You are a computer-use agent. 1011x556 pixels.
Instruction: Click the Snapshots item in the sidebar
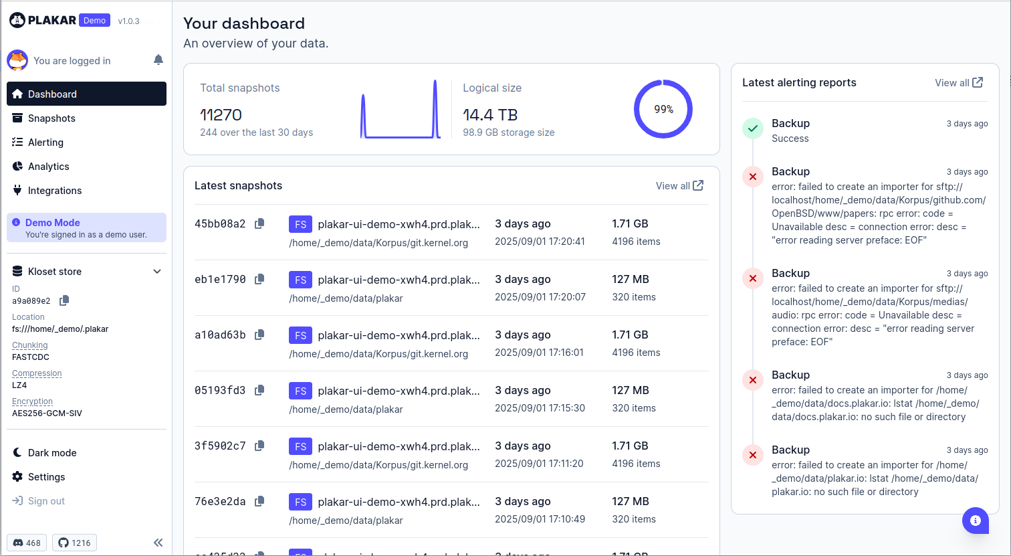pyautogui.click(x=51, y=118)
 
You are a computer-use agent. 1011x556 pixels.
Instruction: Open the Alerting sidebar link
pyautogui.click(x=45, y=143)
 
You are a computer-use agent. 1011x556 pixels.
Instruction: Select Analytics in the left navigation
pyautogui.click(x=48, y=167)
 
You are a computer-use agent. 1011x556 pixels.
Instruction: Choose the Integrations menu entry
pyautogui.click(x=54, y=191)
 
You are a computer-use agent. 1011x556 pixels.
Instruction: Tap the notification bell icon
pyautogui.click(x=158, y=60)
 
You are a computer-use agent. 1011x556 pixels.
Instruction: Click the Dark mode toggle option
pyautogui.click(x=51, y=453)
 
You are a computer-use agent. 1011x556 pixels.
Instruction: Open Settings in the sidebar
pyautogui.click(x=46, y=477)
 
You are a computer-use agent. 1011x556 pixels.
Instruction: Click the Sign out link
pyautogui.click(x=46, y=501)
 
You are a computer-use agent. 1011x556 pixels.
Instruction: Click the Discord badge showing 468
pyautogui.click(x=27, y=543)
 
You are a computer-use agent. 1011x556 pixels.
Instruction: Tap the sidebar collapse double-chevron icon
pyautogui.click(x=158, y=543)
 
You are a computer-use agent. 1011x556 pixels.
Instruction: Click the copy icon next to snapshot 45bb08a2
pyautogui.click(x=259, y=223)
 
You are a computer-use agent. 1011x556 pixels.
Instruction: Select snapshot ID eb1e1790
pyautogui.click(x=220, y=279)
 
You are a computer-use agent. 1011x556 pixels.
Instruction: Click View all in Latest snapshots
pyautogui.click(x=679, y=186)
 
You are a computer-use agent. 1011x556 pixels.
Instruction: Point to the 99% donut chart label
pyautogui.click(x=663, y=109)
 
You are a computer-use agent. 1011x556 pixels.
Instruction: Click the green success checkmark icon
pyautogui.click(x=753, y=128)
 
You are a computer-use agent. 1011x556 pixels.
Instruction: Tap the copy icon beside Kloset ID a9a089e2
pyautogui.click(x=64, y=301)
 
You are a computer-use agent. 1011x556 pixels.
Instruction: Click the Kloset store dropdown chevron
pyautogui.click(x=157, y=272)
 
